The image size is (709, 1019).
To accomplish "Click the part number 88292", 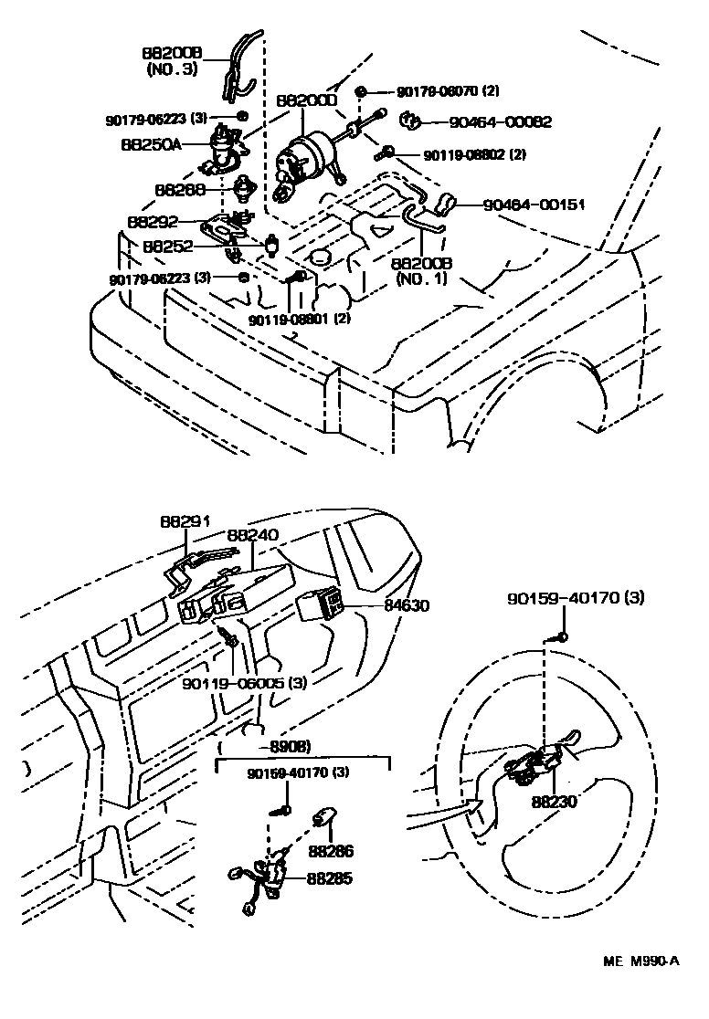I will [x=153, y=222].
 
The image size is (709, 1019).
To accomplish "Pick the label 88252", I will [x=168, y=247].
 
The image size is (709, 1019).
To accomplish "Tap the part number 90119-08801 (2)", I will [x=300, y=320].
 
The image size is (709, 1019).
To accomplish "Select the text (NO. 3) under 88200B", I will [x=169, y=68].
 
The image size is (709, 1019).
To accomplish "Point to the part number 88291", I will [x=185, y=521].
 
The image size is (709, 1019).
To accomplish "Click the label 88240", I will [x=252, y=536].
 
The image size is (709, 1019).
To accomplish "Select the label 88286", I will [x=330, y=851].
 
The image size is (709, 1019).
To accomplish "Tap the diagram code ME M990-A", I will [x=640, y=961].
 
